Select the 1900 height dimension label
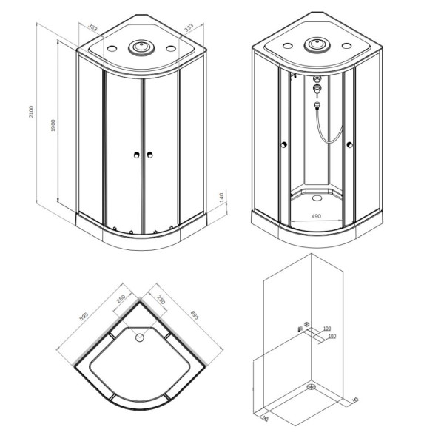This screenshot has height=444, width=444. click(53, 128)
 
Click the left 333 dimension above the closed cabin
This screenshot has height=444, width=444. click(92, 27)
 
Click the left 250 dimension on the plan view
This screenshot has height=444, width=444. click(121, 299)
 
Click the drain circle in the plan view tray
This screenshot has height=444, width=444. click(138, 339)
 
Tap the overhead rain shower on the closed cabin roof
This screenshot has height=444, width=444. click(139, 48)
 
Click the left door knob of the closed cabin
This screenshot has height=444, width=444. click(135, 155)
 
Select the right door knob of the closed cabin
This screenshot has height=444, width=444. click(149, 155)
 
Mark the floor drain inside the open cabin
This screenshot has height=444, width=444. click(316, 196)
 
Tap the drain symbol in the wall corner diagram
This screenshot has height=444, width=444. click(312, 386)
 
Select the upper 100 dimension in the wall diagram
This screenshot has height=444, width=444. click(326, 328)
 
